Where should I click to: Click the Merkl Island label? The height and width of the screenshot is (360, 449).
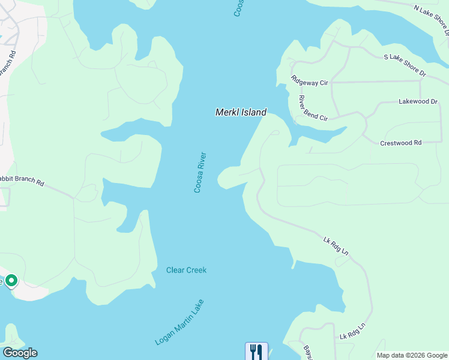click(x=241, y=112)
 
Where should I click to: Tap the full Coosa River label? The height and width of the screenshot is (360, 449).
click(x=200, y=172)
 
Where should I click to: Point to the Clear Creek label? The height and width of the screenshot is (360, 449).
click(x=186, y=270)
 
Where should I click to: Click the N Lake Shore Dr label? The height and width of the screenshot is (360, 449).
click(x=432, y=19)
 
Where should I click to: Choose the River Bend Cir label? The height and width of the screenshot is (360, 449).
click(x=313, y=109)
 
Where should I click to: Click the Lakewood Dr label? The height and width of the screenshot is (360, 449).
click(x=418, y=102)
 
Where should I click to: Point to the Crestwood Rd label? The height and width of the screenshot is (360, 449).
click(x=400, y=143)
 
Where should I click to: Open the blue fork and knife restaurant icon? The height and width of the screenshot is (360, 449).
click(x=256, y=351)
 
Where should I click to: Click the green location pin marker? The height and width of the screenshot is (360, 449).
click(x=11, y=281)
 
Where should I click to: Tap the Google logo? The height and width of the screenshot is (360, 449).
click(x=20, y=353)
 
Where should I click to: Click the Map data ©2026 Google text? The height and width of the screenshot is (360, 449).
click(x=412, y=355)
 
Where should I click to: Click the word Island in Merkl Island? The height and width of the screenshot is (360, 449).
click(x=252, y=112)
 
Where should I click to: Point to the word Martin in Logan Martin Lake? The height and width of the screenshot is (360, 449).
click(x=181, y=322)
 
